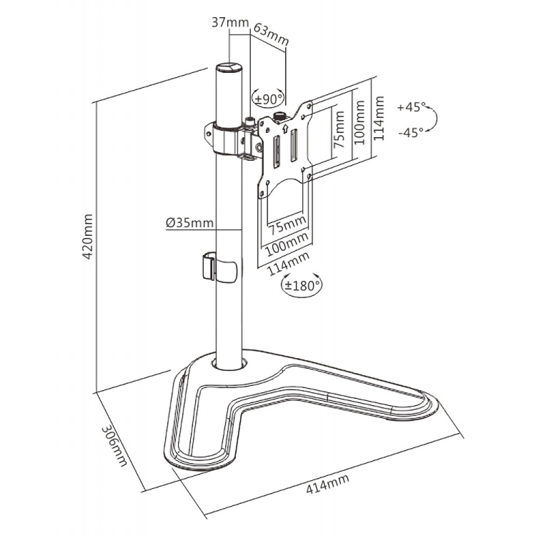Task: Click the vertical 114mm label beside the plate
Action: click(379, 118)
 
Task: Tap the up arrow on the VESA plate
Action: click(286, 128)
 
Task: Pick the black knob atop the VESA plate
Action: click(280, 115)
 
